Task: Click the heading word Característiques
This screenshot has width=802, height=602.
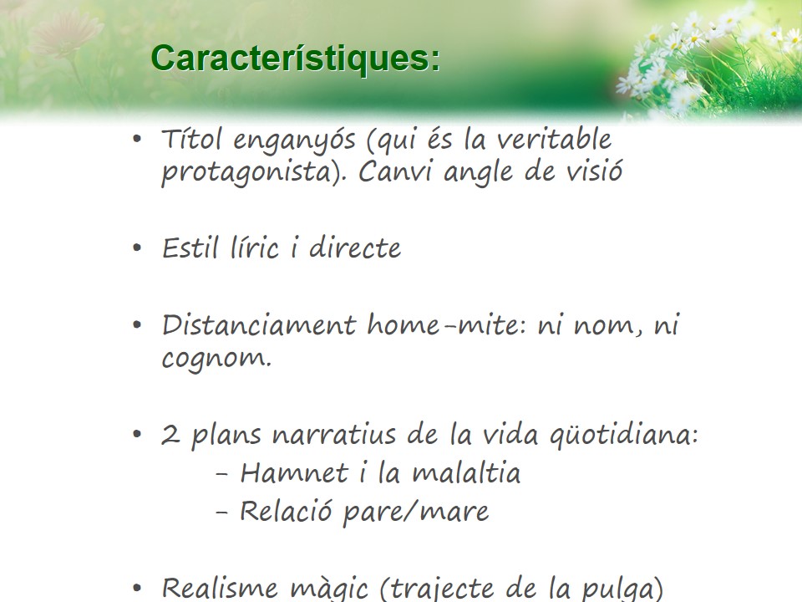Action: (295, 59)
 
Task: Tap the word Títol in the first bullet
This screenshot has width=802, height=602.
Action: (192, 139)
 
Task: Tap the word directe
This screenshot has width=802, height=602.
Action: (355, 247)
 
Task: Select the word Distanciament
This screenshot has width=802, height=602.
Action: (259, 324)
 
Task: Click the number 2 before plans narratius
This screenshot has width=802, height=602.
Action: (170, 435)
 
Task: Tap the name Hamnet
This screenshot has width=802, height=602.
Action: (294, 472)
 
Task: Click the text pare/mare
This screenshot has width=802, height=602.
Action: (416, 512)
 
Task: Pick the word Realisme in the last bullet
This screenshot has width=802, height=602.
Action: (220, 588)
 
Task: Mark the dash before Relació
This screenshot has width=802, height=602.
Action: (221, 513)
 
